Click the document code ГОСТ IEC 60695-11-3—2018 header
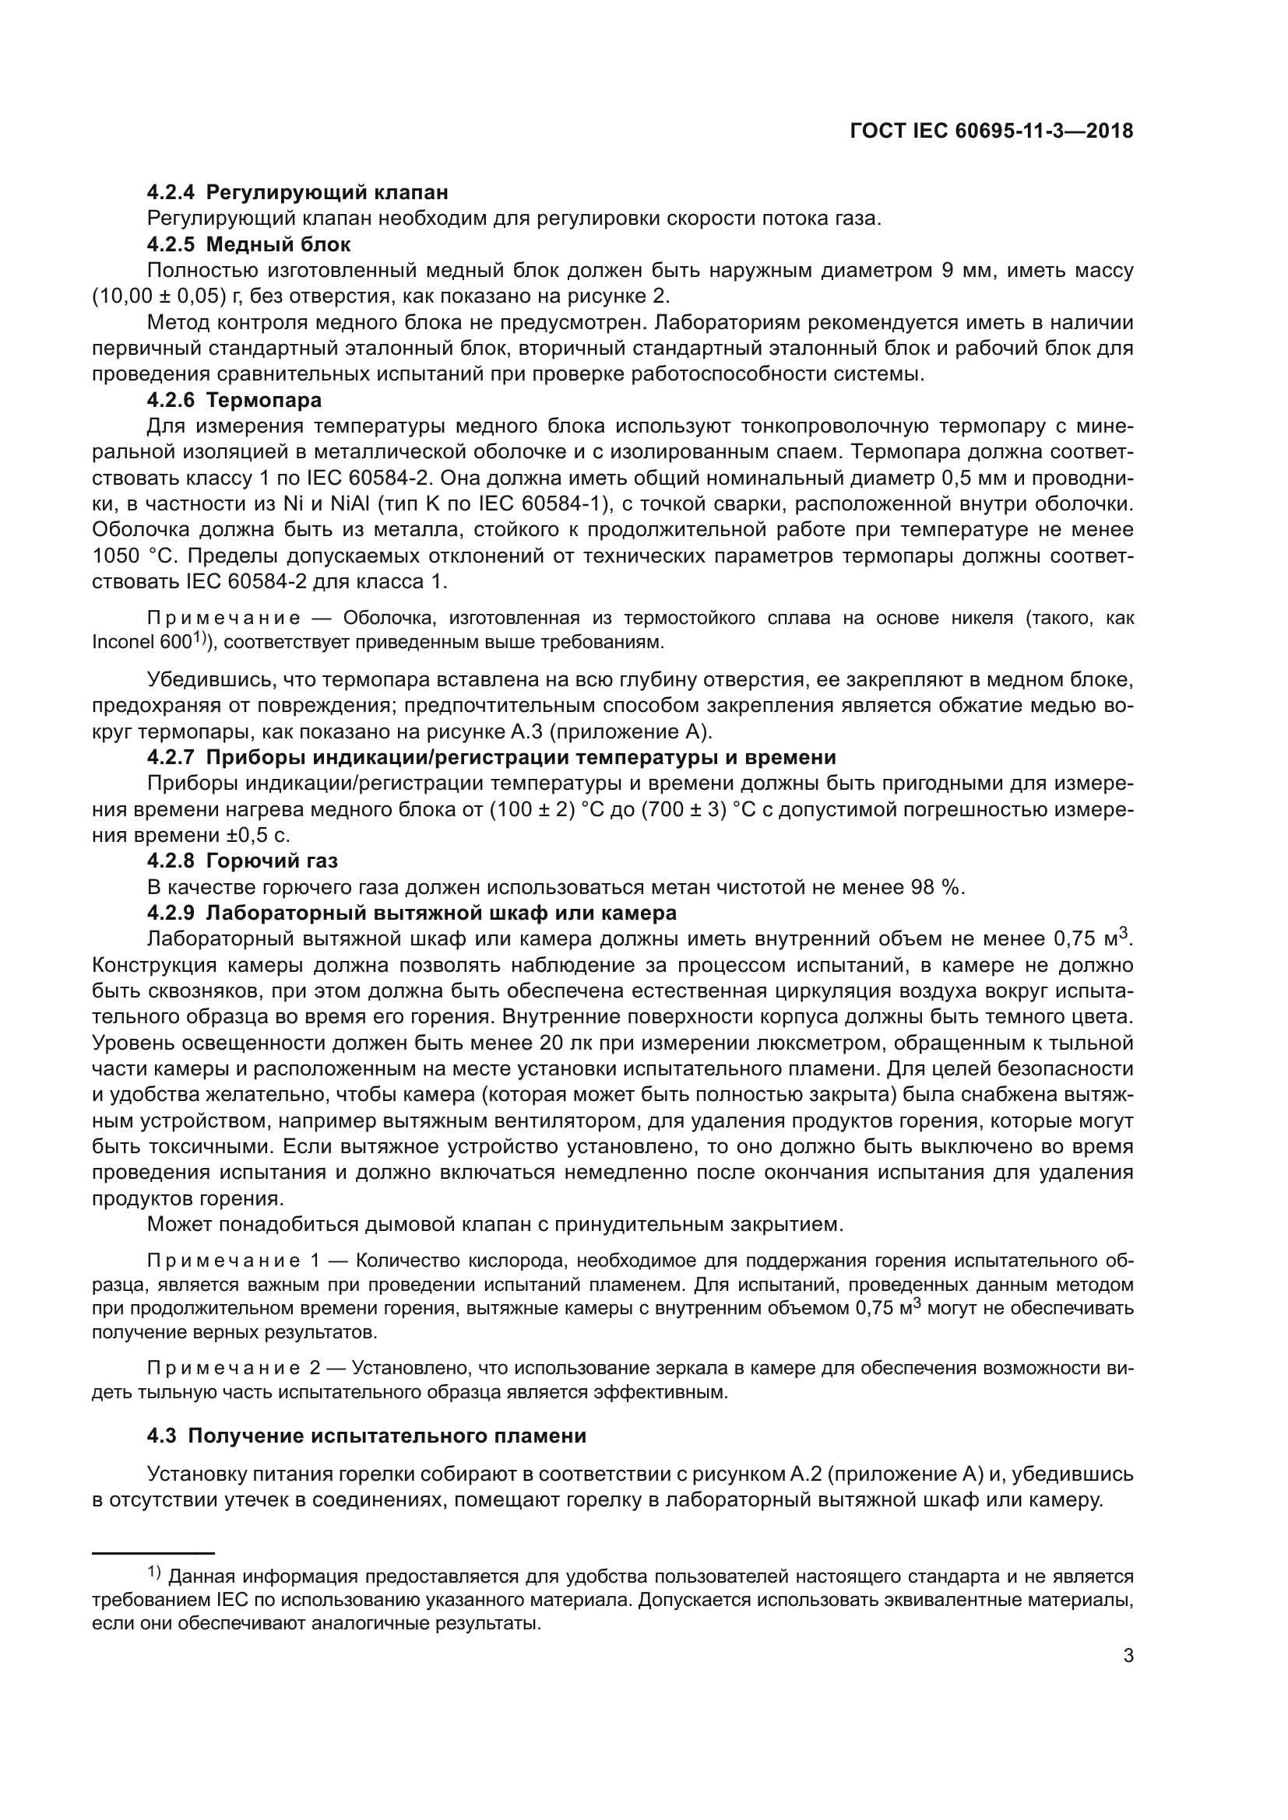991,132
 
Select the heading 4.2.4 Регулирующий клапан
297,193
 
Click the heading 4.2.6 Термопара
234,399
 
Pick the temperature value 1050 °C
127,556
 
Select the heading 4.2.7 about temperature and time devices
491,758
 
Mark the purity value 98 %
936,887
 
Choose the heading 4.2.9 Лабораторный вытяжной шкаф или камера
412,914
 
